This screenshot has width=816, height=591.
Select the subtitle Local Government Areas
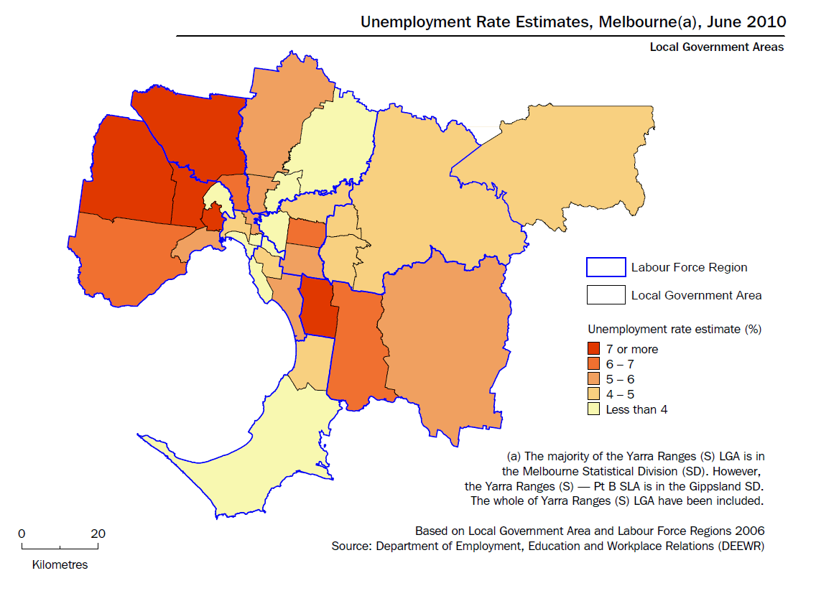click(716, 47)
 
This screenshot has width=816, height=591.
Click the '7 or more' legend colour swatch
click(593, 349)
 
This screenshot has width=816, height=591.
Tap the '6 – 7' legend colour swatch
click(593, 364)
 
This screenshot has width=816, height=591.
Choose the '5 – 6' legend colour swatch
click(593, 379)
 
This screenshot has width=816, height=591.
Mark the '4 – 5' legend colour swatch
click(593, 394)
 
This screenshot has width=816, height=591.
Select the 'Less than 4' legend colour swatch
click(593, 409)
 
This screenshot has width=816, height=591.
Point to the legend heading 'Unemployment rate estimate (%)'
click(674, 330)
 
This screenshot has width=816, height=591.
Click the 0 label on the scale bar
click(22, 534)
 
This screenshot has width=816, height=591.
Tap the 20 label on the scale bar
click(98, 534)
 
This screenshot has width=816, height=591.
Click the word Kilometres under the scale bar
click(60, 564)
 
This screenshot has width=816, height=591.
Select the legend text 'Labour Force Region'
click(689, 268)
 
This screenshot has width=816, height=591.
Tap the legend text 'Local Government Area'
click(696, 295)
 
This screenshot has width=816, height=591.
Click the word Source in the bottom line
click(350, 546)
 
